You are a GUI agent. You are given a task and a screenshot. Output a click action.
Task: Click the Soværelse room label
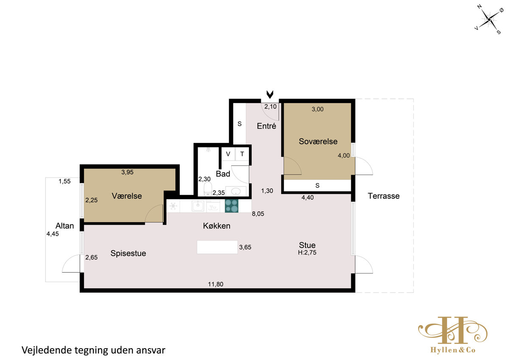click(x=318, y=141)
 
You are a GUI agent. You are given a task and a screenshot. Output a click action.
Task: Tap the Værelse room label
click(x=126, y=196)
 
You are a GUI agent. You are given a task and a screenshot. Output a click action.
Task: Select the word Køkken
click(x=217, y=226)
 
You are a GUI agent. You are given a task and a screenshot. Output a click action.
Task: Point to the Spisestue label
click(x=128, y=253)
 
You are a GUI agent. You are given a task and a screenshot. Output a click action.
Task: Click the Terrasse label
click(x=383, y=196)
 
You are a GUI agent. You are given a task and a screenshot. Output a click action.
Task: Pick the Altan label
click(x=64, y=226)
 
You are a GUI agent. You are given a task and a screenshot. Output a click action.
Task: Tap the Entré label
click(x=266, y=126)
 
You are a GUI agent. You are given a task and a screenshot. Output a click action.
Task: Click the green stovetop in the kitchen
click(x=232, y=206)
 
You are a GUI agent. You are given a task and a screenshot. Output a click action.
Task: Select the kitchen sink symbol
click(x=198, y=206)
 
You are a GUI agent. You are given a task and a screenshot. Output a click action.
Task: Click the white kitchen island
click(x=217, y=247)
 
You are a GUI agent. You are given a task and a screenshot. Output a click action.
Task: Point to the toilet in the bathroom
click(x=208, y=189)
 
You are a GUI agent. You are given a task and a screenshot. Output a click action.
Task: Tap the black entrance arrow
click(x=270, y=95)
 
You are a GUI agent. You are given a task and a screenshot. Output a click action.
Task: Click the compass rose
click(x=489, y=20)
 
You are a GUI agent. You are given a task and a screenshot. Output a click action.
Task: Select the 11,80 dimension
click(x=215, y=284)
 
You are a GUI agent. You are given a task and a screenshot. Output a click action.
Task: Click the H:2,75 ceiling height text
click(x=307, y=252)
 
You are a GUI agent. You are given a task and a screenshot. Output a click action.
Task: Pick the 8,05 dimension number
click(x=258, y=214)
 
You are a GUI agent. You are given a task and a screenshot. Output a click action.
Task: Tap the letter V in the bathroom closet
click(x=228, y=154)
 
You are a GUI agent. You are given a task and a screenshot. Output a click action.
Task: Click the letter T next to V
click(x=242, y=154)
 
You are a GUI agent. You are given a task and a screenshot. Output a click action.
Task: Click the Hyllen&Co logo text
click(x=453, y=350)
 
